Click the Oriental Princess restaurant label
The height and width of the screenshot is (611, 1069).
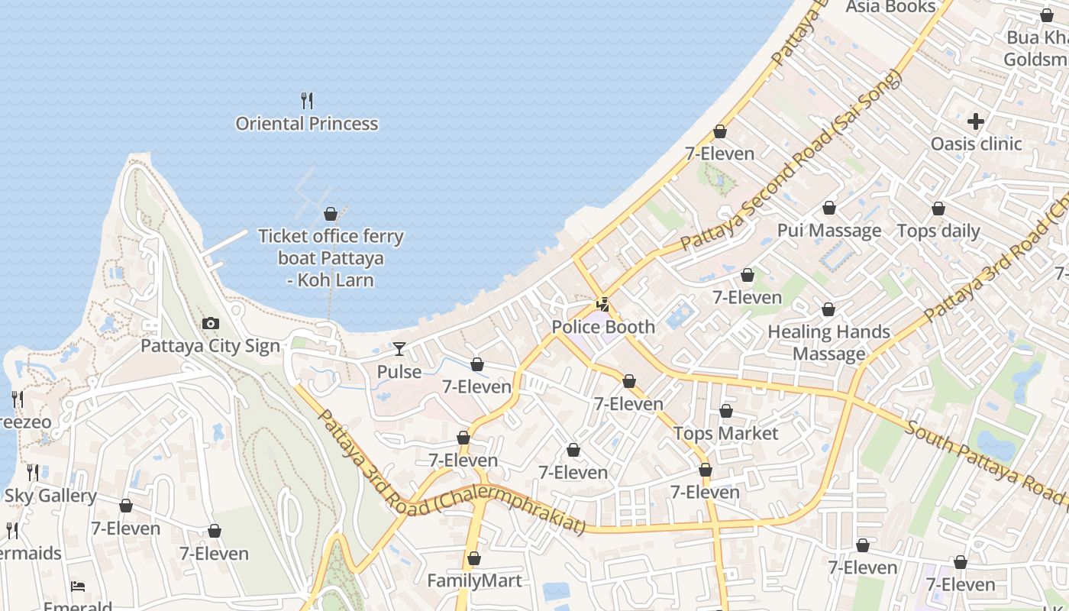[x=306, y=124]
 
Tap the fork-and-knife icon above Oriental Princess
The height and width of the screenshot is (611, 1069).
[x=307, y=100]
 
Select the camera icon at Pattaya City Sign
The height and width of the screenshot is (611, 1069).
[x=211, y=324]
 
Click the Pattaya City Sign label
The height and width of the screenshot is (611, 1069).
[x=211, y=346]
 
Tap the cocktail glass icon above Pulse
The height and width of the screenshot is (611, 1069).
[x=399, y=349]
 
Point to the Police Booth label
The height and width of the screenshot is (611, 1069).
[x=603, y=327]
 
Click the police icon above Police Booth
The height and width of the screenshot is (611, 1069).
[x=603, y=305]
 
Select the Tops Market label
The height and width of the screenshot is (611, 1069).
[x=725, y=434]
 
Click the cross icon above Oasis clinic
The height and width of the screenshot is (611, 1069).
[x=975, y=121]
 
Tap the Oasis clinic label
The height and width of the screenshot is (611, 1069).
[x=975, y=144]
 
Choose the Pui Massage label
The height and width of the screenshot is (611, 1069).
[x=828, y=231]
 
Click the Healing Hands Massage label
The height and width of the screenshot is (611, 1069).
[x=828, y=342]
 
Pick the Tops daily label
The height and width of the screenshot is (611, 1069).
[x=938, y=231]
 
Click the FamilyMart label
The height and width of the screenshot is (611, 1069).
[x=474, y=580]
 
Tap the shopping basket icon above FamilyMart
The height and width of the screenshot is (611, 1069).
[x=474, y=558]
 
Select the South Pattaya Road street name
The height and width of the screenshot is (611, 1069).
[x=985, y=461]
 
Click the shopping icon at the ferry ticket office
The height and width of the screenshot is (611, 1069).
[x=331, y=214]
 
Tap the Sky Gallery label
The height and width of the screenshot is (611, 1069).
[x=50, y=496]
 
